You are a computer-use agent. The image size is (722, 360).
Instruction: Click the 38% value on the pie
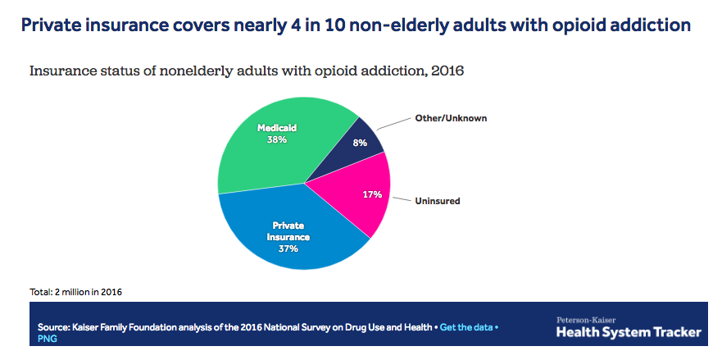276,139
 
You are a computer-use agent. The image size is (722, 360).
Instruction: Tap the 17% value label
372,194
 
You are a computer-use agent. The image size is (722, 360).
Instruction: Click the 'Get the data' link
466,327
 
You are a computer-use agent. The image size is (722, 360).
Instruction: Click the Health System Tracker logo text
629,332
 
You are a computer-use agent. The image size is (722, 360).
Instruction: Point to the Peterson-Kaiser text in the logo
587,319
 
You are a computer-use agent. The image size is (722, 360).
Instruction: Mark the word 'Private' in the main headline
51,25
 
